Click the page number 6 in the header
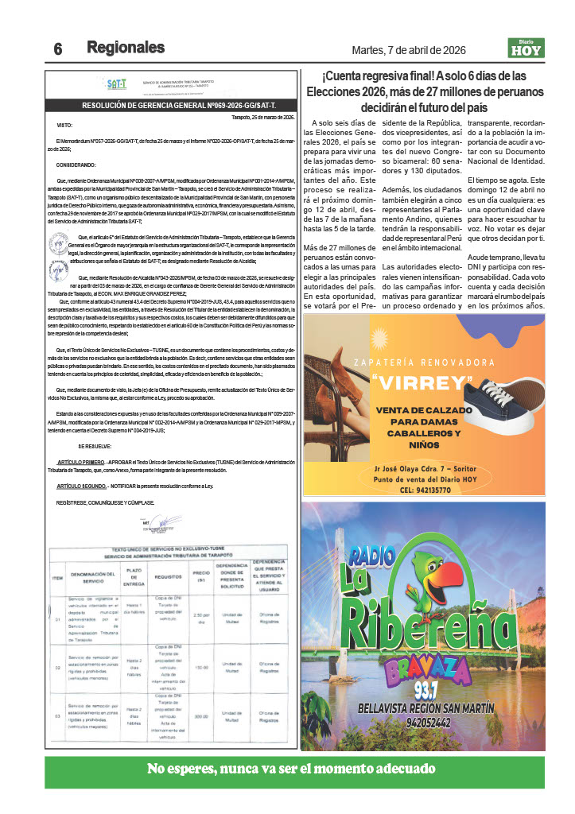[58, 48]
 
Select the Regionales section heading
[126, 47]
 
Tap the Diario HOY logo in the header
[526, 48]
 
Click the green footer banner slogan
[291, 769]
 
